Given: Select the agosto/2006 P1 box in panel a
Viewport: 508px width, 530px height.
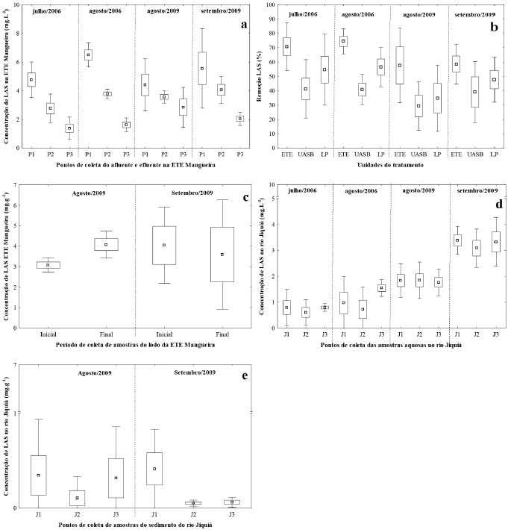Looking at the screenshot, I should (x=88, y=54).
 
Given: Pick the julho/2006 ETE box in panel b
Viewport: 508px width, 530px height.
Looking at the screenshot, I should (x=286, y=46).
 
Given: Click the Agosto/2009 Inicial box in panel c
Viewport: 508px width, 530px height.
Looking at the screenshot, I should (x=48, y=264).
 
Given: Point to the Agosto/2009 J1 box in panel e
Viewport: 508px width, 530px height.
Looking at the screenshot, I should (x=39, y=475).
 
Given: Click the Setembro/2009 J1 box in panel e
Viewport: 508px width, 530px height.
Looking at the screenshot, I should (x=154, y=468).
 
